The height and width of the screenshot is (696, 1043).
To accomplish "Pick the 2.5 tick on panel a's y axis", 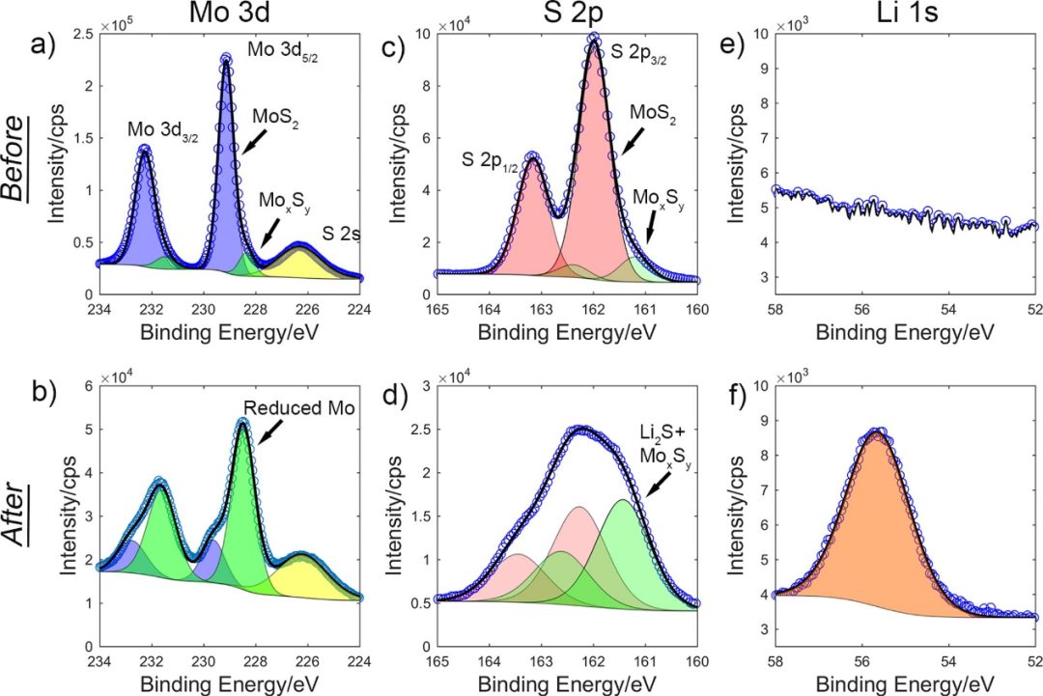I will [85, 35].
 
